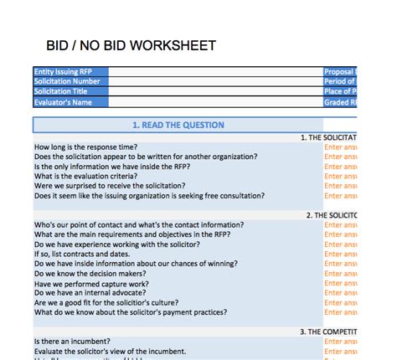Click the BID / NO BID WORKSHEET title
click(131, 45)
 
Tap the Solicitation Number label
click(67, 82)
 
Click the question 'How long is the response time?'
click(86, 147)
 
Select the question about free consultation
click(149, 196)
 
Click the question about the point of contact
click(139, 225)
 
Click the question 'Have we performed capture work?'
click(91, 284)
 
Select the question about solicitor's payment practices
click(130, 312)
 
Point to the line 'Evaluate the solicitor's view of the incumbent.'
click(110, 352)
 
